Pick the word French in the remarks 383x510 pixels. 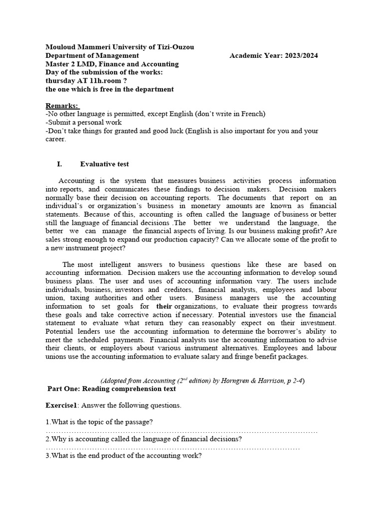[252, 114]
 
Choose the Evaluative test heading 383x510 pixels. [104, 164]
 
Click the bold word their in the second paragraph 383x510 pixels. [165, 306]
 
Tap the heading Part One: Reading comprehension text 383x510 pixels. [112, 389]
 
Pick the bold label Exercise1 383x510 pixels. [62, 405]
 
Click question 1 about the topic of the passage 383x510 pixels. [99, 422]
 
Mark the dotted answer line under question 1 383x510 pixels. [182, 431]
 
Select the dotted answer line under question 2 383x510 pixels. [173, 448]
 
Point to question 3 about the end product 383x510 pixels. [123, 456]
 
